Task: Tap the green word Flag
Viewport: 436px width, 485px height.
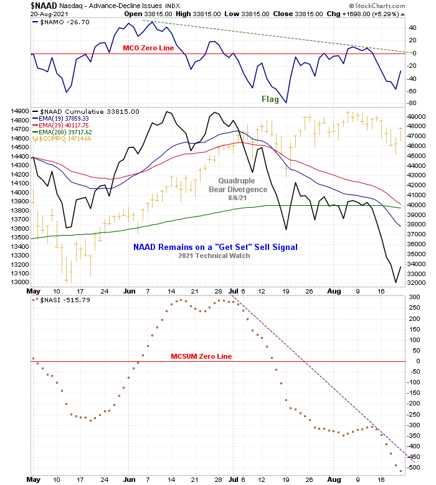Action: [x=270, y=99]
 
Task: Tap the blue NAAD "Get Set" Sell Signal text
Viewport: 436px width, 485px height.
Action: [x=216, y=247]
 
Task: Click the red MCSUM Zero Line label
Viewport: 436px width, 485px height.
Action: [x=201, y=356]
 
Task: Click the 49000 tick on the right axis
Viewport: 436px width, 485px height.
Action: [x=415, y=116]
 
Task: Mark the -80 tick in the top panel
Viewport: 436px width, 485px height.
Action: [x=412, y=103]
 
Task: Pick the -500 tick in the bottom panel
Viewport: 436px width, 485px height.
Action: [x=414, y=467]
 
